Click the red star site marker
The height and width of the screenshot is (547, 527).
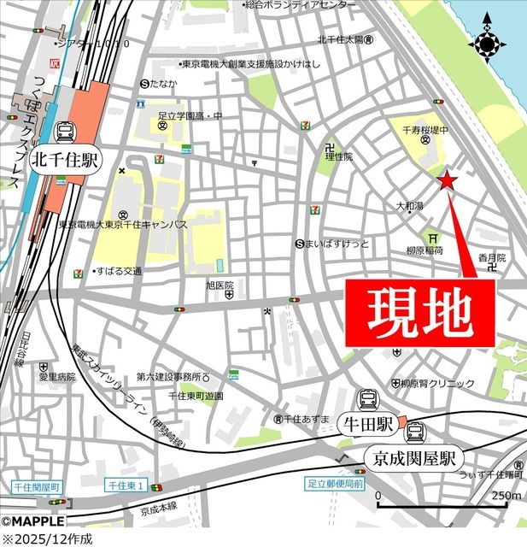[x=447, y=179]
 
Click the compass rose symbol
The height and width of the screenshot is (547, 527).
[x=488, y=40]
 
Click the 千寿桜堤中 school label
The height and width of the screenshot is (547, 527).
[x=425, y=131]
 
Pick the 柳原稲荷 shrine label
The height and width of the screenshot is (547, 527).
[x=425, y=251]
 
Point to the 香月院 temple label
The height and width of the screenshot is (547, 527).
[x=492, y=257]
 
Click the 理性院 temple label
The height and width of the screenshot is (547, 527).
[x=338, y=156]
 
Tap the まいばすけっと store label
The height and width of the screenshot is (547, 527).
[x=337, y=244]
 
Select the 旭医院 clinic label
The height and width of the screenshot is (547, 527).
[x=220, y=285]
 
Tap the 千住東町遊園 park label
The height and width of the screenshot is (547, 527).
[x=196, y=396]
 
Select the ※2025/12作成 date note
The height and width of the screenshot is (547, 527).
[x=47, y=538]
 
